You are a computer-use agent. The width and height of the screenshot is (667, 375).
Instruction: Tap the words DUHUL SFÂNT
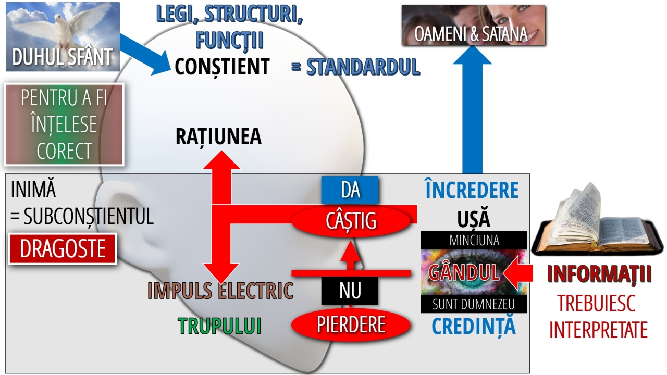pyautogui.click(x=63, y=57)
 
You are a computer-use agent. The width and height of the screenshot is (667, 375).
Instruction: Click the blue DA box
pyautogui.click(x=350, y=190)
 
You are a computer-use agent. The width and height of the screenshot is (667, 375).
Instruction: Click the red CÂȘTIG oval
pyautogui.click(x=351, y=221)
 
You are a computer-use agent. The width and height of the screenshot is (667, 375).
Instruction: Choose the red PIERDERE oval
pyautogui.click(x=351, y=325)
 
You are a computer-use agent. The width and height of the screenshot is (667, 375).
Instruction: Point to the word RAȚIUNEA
pyautogui.click(x=218, y=136)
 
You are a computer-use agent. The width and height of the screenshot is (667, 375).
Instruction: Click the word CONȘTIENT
pyautogui.click(x=222, y=67)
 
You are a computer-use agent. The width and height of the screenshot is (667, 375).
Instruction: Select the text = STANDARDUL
pyautogui.click(x=355, y=67)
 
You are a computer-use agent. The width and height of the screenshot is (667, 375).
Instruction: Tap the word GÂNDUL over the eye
pyautogui.click(x=463, y=272)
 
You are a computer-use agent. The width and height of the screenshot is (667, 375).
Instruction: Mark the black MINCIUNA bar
pyautogui.click(x=474, y=241)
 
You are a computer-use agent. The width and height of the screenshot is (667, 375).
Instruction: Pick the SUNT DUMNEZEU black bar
pyautogui.click(x=474, y=305)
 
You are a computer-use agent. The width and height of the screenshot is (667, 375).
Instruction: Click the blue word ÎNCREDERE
pyautogui.click(x=472, y=191)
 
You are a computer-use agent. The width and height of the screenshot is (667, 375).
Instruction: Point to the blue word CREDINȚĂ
pyautogui.click(x=474, y=327)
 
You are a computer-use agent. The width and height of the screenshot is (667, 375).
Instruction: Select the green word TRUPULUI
pyautogui.click(x=219, y=326)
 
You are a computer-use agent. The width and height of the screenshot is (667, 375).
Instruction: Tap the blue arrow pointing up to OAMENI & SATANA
pyautogui.click(x=472, y=115)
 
